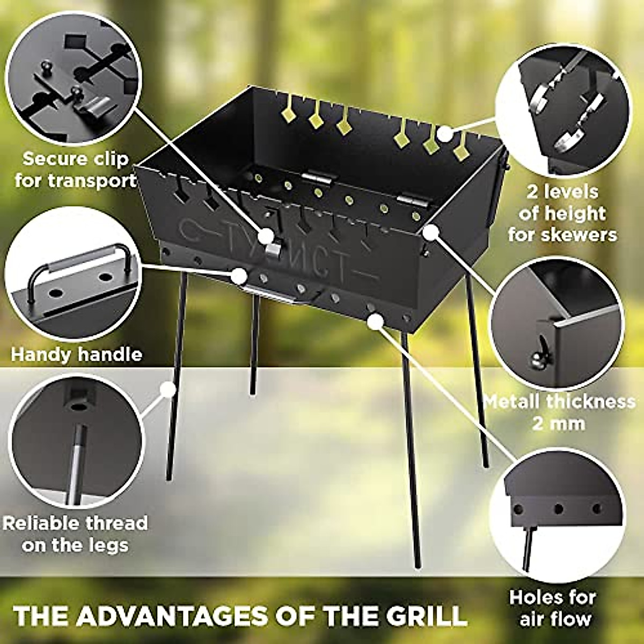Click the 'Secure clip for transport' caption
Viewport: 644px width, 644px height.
76,170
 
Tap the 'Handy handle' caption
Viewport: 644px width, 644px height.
77,355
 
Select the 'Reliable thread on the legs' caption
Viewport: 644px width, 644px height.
75,534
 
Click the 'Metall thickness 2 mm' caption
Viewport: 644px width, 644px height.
559,412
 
